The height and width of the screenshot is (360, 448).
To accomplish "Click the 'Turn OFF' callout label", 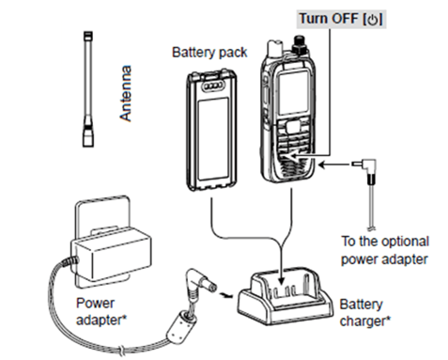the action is coord(341,19).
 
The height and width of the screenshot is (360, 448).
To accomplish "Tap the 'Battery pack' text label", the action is coord(209,52).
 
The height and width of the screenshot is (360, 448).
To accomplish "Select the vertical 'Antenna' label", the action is coord(126,93).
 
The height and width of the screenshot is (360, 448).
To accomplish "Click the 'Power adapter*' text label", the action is coord(101,311).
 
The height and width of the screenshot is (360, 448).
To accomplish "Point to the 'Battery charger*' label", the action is coord(365,313).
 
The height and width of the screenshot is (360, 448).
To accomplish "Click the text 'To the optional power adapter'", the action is coord(385,250).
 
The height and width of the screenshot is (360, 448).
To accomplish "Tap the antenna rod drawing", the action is coord(88,89).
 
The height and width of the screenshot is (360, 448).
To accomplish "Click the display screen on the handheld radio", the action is coord(293,93).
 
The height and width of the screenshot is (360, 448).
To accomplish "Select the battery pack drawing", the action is coord(211,131).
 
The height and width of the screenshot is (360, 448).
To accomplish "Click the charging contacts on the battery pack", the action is coord(214,86).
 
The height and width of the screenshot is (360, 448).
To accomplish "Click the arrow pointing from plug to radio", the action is coord(334,164).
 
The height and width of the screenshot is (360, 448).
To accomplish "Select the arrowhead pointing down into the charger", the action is coord(282,279).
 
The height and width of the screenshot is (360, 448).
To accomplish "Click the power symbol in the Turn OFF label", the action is coord(372,20).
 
